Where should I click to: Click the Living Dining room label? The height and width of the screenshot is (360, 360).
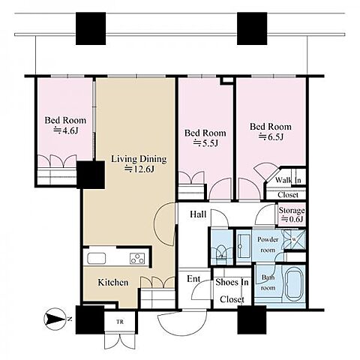pos(139,159)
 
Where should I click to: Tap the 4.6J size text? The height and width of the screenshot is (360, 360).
pos(66,130)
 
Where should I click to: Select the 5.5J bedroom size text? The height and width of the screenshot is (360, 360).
pos(205,143)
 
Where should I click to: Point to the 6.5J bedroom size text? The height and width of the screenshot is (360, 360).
pos(271,136)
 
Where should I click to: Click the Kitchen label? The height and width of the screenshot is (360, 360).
pos(113,283)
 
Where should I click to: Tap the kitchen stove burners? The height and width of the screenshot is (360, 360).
pos(137,259)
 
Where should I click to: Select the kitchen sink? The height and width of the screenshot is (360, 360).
pos(96,258)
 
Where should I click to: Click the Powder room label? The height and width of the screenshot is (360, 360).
pos(268,244)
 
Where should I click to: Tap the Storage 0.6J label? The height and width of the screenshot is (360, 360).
pos(292,214)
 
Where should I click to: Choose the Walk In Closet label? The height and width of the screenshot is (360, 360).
pos(288,187)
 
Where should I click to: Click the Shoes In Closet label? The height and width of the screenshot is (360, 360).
pos(232,290)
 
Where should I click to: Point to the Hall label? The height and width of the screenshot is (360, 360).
pos(198,214)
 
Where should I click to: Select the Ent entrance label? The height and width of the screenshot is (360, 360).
pos(193,279)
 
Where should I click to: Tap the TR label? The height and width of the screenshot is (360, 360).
pos(120,322)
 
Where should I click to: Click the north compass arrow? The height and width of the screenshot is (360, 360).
pos(55,319)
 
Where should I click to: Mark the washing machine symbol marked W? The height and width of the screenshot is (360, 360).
pos(294,239)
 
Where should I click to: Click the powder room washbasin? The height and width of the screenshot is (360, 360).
pos(244,246)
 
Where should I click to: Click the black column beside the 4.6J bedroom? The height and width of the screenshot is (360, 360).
pos(91,175)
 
